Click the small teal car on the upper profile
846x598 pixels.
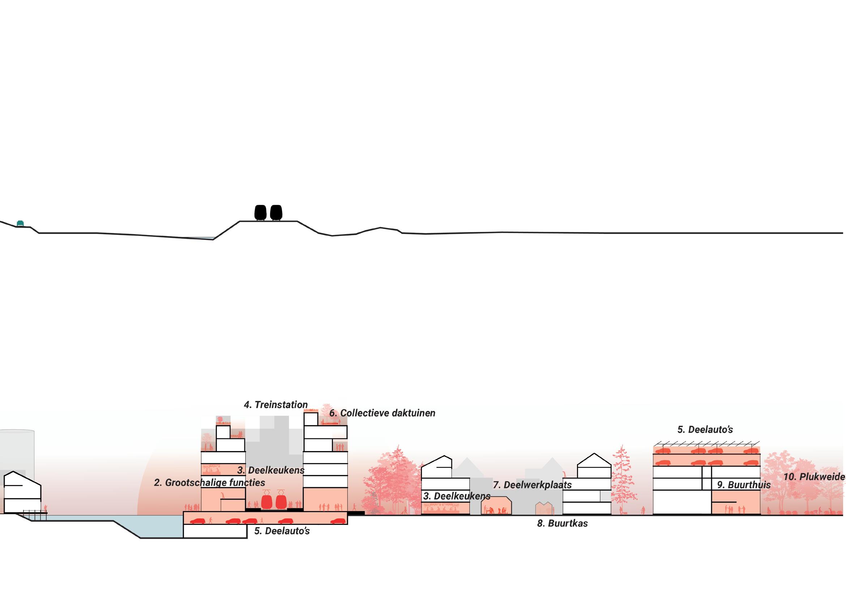(x=21, y=223)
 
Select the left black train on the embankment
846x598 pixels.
(x=261, y=212)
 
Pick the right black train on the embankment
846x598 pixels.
(x=276, y=212)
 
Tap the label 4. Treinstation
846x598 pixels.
(x=275, y=405)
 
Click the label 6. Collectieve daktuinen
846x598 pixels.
(x=382, y=413)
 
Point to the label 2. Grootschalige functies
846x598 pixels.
(x=209, y=482)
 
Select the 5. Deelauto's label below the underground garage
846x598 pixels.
(x=282, y=531)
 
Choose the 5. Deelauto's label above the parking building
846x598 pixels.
(x=705, y=429)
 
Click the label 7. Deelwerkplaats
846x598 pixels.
(x=532, y=485)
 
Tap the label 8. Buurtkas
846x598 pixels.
(x=562, y=523)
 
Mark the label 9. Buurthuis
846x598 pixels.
(x=744, y=485)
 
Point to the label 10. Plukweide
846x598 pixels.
(x=814, y=477)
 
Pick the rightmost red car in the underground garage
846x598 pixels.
(x=339, y=521)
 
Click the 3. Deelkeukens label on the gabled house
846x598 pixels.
(x=457, y=496)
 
